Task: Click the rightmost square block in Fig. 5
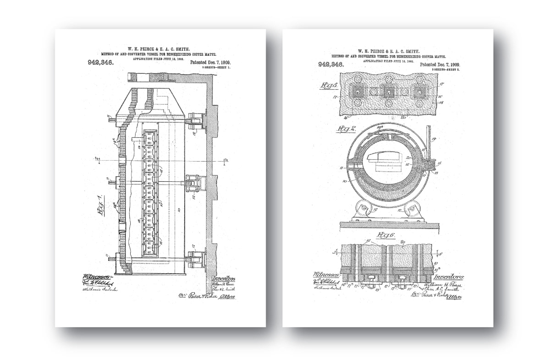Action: click(x=418, y=91)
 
